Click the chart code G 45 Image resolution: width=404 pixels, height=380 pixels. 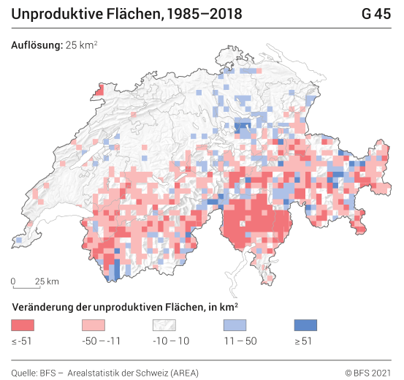[x=376, y=14]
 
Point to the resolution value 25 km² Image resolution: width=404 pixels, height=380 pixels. [x=82, y=45]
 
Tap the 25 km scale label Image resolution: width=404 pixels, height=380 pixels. [x=47, y=281]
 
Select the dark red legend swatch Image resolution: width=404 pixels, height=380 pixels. [x=23, y=324]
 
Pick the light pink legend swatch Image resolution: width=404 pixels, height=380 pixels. [x=94, y=324]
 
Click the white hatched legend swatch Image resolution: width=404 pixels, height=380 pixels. [x=164, y=324]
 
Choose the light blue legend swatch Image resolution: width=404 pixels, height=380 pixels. [x=235, y=324]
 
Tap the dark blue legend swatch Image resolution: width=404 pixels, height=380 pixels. [x=306, y=324]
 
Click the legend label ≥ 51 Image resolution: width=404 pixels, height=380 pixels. [x=304, y=341]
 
